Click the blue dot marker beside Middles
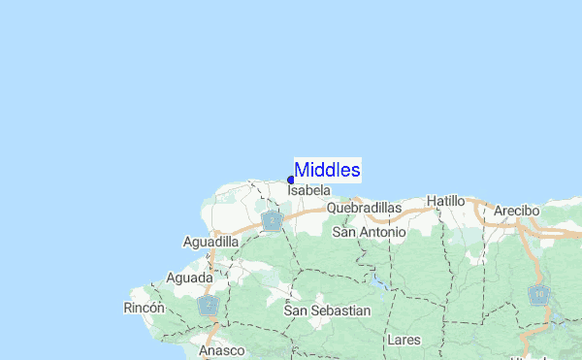click(291, 180)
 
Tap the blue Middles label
click(328, 171)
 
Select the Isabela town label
click(309, 192)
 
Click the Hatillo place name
click(446, 201)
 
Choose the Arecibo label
click(516, 211)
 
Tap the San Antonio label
click(366, 233)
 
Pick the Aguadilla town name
click(210, 242)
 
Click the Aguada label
click(189, 278)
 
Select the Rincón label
click(145, 308)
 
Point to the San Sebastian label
click(327, 311)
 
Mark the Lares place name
click(403, 341)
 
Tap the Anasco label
click(223, 350)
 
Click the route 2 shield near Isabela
click(273, 223)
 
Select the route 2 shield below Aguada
click(208, 306)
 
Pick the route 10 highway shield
click(538, 293)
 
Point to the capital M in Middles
click(303, 171)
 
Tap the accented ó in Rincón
click(159, 308)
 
